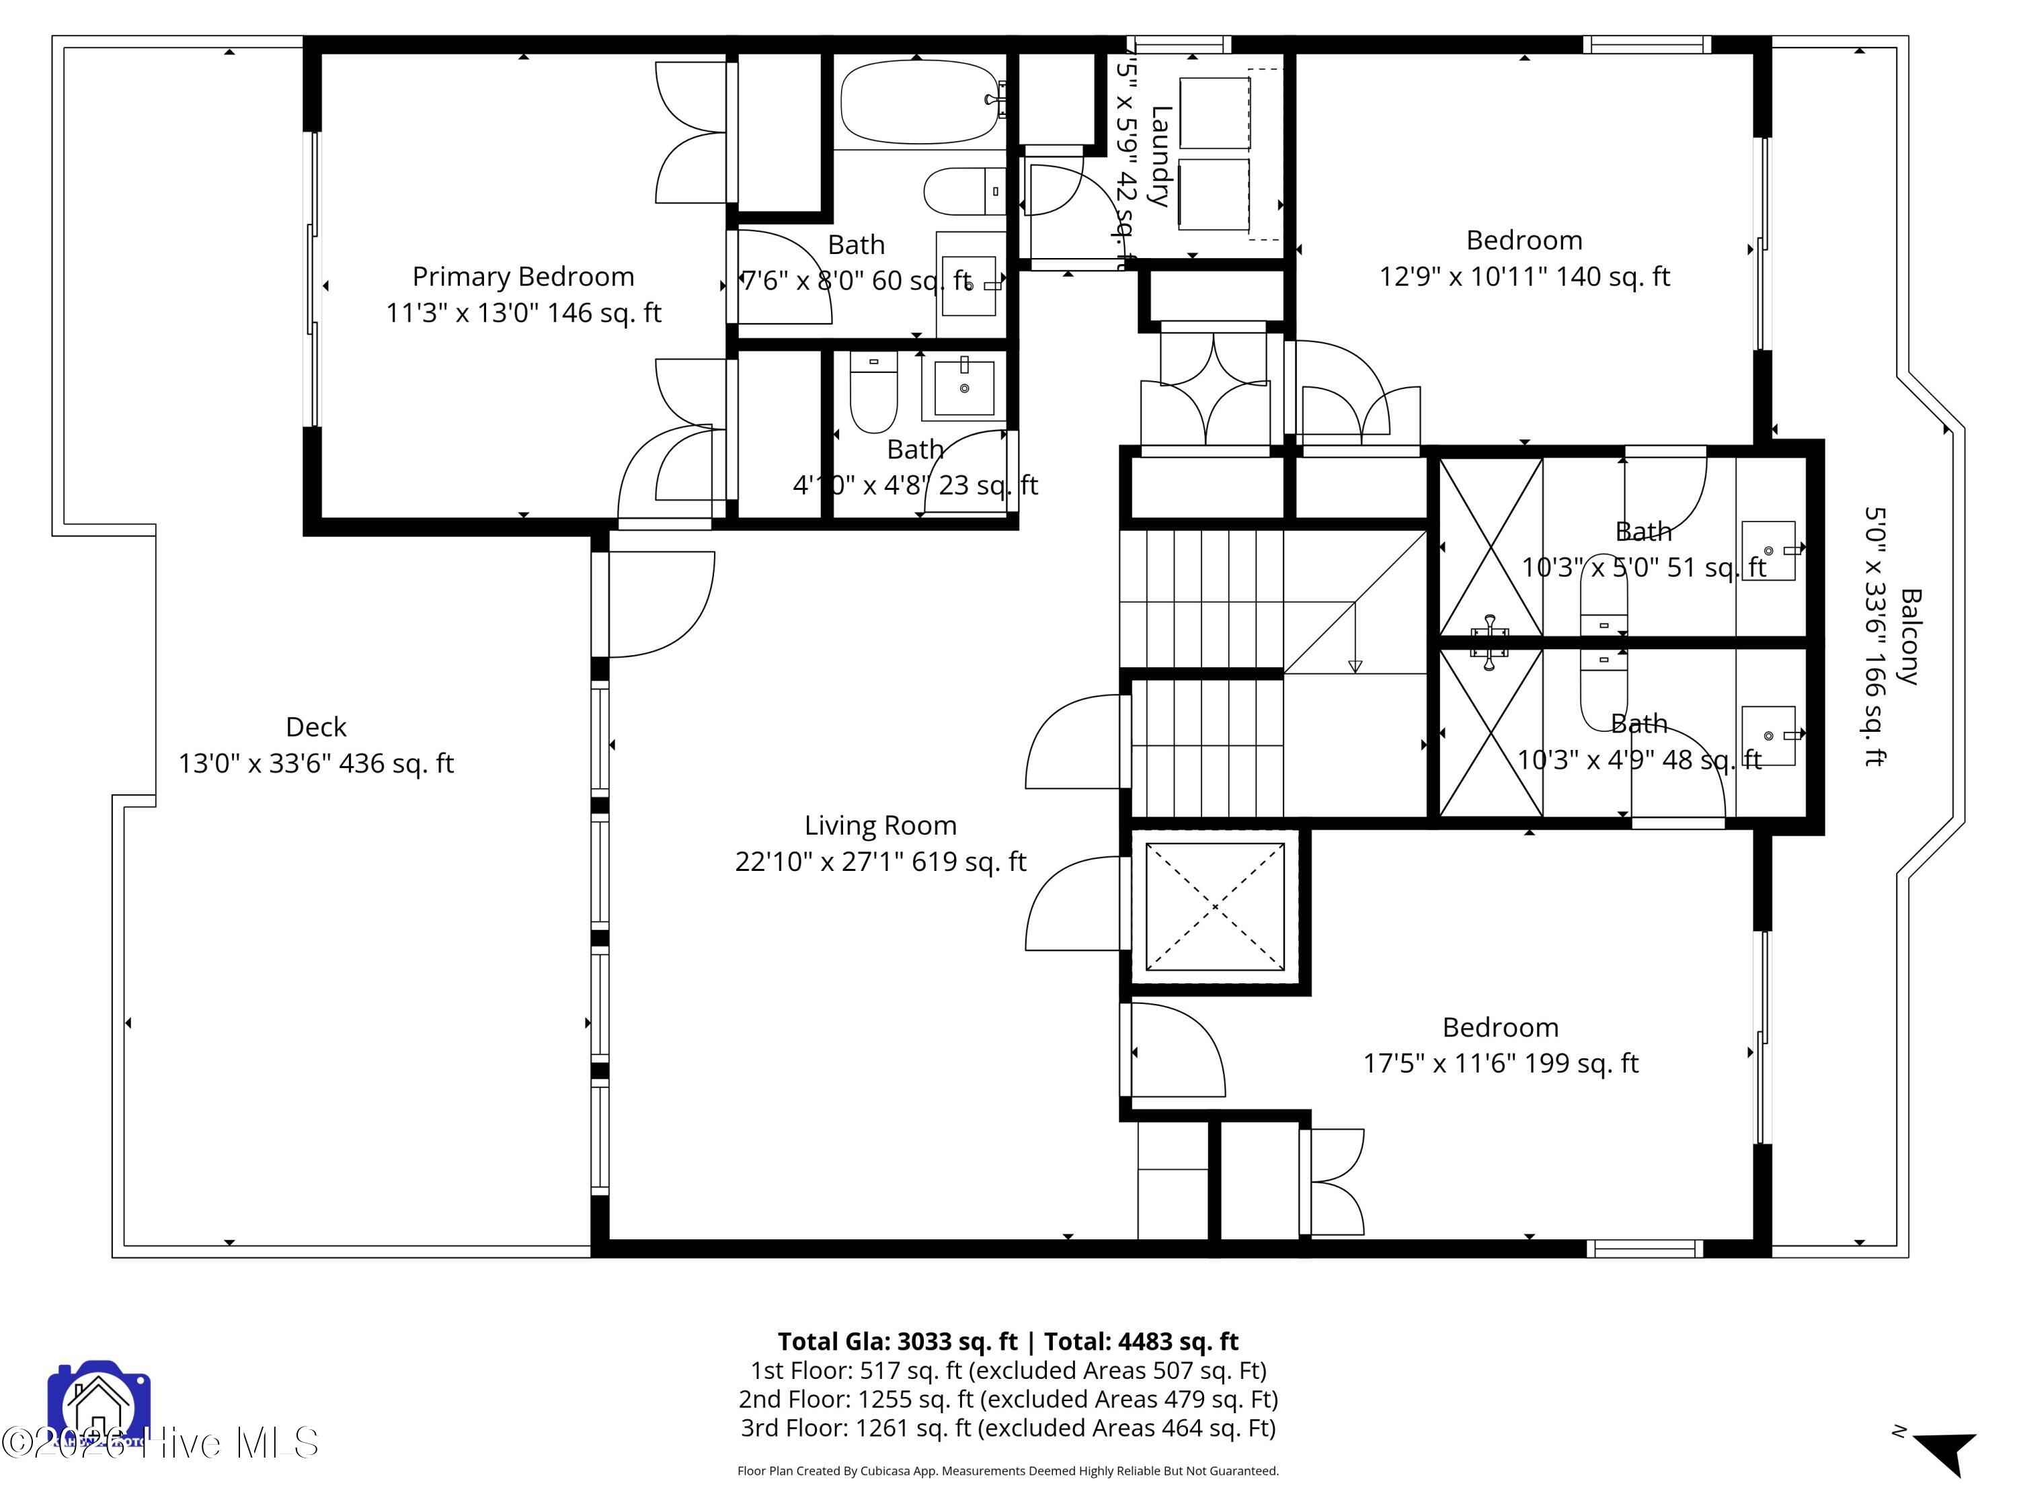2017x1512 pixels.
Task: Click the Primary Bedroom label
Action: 522,276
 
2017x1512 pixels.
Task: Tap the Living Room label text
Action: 880,826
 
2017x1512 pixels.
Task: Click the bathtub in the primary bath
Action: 916,101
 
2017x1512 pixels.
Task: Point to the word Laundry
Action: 1159,156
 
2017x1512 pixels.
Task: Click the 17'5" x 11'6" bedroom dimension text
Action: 1500,1064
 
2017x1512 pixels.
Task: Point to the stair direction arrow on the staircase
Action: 1354,665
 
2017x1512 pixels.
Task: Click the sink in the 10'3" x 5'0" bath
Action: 1768,550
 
